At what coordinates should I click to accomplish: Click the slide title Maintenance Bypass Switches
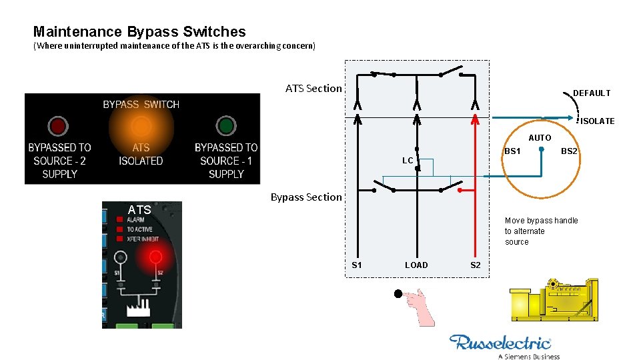(x=139, y=31)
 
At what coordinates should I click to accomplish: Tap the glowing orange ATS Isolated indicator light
(x=141, y=126)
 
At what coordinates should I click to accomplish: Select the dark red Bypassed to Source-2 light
(x=57, y=126)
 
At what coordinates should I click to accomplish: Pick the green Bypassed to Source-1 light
(x=226, y=125)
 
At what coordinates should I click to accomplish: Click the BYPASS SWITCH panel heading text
(x=141, y=105)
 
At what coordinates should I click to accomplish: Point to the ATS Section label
(x=313, y=88)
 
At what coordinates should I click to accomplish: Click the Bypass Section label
(x=305, y=197)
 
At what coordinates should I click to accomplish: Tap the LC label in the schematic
(x=408, y=161)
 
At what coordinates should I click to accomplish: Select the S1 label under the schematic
(x=357, y=265)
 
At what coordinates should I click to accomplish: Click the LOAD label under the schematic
(x=416, y=265)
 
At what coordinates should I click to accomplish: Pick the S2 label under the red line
(x=475, y=265)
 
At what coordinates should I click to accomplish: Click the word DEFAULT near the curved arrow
(x=592, y=93)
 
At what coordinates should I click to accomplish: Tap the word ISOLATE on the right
(x=597, y=121)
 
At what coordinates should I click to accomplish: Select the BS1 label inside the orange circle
(x=512, y=151)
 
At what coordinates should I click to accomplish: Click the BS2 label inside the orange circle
(x=569, y=151)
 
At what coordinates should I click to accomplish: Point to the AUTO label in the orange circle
(x=540, y=138)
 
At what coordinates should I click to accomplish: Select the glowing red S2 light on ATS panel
(x=155, y=257)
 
